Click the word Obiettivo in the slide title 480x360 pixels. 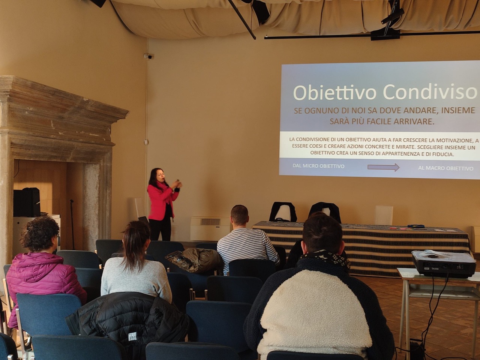click(x=334, y=93)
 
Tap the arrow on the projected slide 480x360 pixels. click(x=383, y=167)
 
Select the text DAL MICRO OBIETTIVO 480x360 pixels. click(x=318, y=166)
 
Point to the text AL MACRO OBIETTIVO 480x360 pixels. click(x=445, y=168)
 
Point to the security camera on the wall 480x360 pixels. click(x=148, y=56)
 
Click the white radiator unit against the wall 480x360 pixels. click(x=210, y=229)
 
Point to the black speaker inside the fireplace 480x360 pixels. click(x=27, y=202)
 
